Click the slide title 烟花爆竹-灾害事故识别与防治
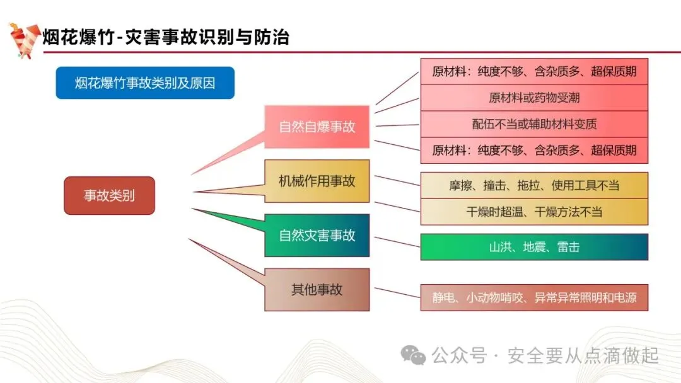pyautogui.click(x=166, y=37)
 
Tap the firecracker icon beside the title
pyautogui.click(x=23, y=40)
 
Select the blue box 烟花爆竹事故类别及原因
pyautogui.click(x=145, y=83)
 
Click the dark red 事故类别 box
pyautogui.click(x=109, y=195)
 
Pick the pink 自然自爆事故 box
pyautogui.click(x=317, y=127)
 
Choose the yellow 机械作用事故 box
pyautogui.click(x=317, y=181)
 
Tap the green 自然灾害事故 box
pyautogui.click(x=317, y=236)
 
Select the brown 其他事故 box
pyautogui.click(x=317, y=290)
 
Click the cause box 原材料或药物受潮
pyautogui.click(x=534, y=98)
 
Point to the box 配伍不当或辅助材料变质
pyautogui.click(x=534, y=124)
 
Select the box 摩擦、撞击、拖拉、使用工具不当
pyautogui.click(x=534, y=185)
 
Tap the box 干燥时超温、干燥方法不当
pyautogui.click(x=534, y=212)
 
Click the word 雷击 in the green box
pyautogui.click(x=568, y=247)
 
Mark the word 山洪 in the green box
pyautogui.click(x=500, y=247)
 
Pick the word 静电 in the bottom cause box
pyautogui.click(x=444, y=298)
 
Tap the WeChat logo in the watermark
pyautogui.click(x=414, y=356)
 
